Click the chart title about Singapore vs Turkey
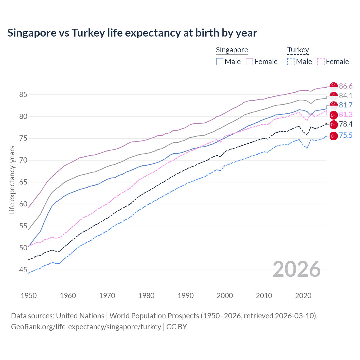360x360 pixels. tap(132, 33)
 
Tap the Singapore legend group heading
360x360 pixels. tap(232, 50)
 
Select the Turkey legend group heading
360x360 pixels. tap(298, 50)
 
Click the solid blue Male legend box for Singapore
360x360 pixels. tap(220, 62)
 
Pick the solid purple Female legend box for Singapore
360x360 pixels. tap(249, 62)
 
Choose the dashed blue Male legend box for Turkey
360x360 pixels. tap(291, 62)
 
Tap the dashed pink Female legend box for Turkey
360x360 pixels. tap(321, 62)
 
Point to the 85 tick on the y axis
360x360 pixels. tap(23, 95)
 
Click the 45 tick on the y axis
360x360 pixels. tap(23, 270)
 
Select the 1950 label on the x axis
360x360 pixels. tap(29, 296)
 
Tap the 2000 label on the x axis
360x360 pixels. tap(225, 296)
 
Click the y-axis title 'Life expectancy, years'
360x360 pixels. tap(12, 180)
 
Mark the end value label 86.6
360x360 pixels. tap(346, 86)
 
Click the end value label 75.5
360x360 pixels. tap(346, 136)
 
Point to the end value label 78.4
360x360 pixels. tap(346, 124)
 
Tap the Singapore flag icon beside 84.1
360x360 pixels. tap(334, 96)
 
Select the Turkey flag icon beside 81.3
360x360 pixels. tap(334, 115)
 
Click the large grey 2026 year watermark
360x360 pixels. tap(297, 269)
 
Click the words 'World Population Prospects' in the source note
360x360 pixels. tap(154, 316)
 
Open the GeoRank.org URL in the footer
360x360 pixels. tap(86, 327)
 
